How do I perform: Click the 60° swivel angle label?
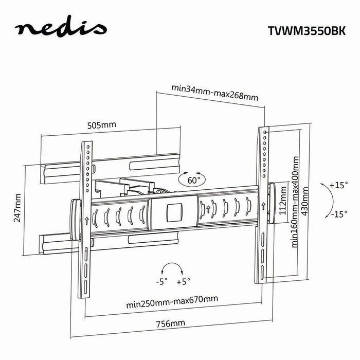click(x=192, y=180)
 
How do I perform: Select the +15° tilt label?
click(x=339, y=184)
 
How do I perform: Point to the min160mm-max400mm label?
click(x=295, y=203)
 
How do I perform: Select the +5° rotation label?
click(x=183, y=281)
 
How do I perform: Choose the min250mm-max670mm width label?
click(x=172, y=299)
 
